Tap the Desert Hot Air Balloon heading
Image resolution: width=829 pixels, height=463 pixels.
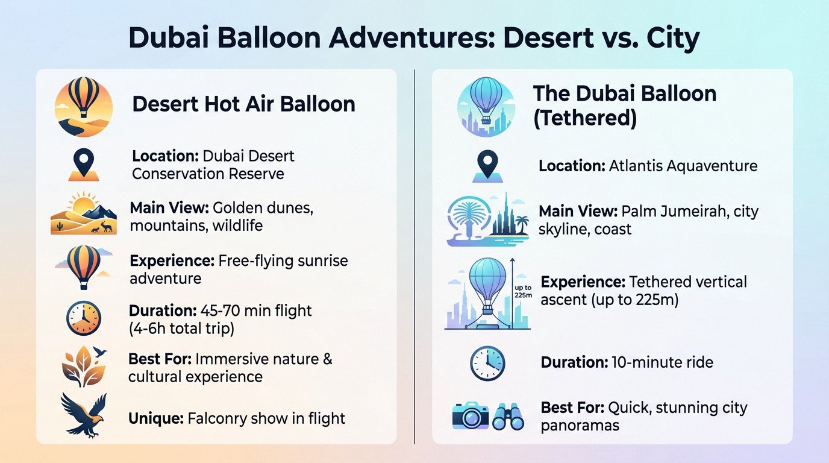[x=243, y=104]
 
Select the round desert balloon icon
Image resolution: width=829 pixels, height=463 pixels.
[x=84, y=106]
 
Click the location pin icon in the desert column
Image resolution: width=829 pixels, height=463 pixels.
[x=83, y=165]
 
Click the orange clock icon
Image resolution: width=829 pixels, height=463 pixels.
[x=84, y=318]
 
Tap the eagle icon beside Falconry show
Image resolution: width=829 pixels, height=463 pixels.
[x=84, y=414]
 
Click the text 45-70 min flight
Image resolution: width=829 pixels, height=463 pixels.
[x=253, y=311]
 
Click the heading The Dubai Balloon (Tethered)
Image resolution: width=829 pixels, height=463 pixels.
[x=625, y=106]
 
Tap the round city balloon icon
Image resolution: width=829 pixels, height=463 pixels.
[x=486, y=106]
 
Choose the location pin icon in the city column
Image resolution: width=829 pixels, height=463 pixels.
[x=486, y=165]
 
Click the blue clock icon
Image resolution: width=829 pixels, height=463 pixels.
[x=487, y=364]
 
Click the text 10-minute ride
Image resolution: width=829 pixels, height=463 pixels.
[x=662, y=362]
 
